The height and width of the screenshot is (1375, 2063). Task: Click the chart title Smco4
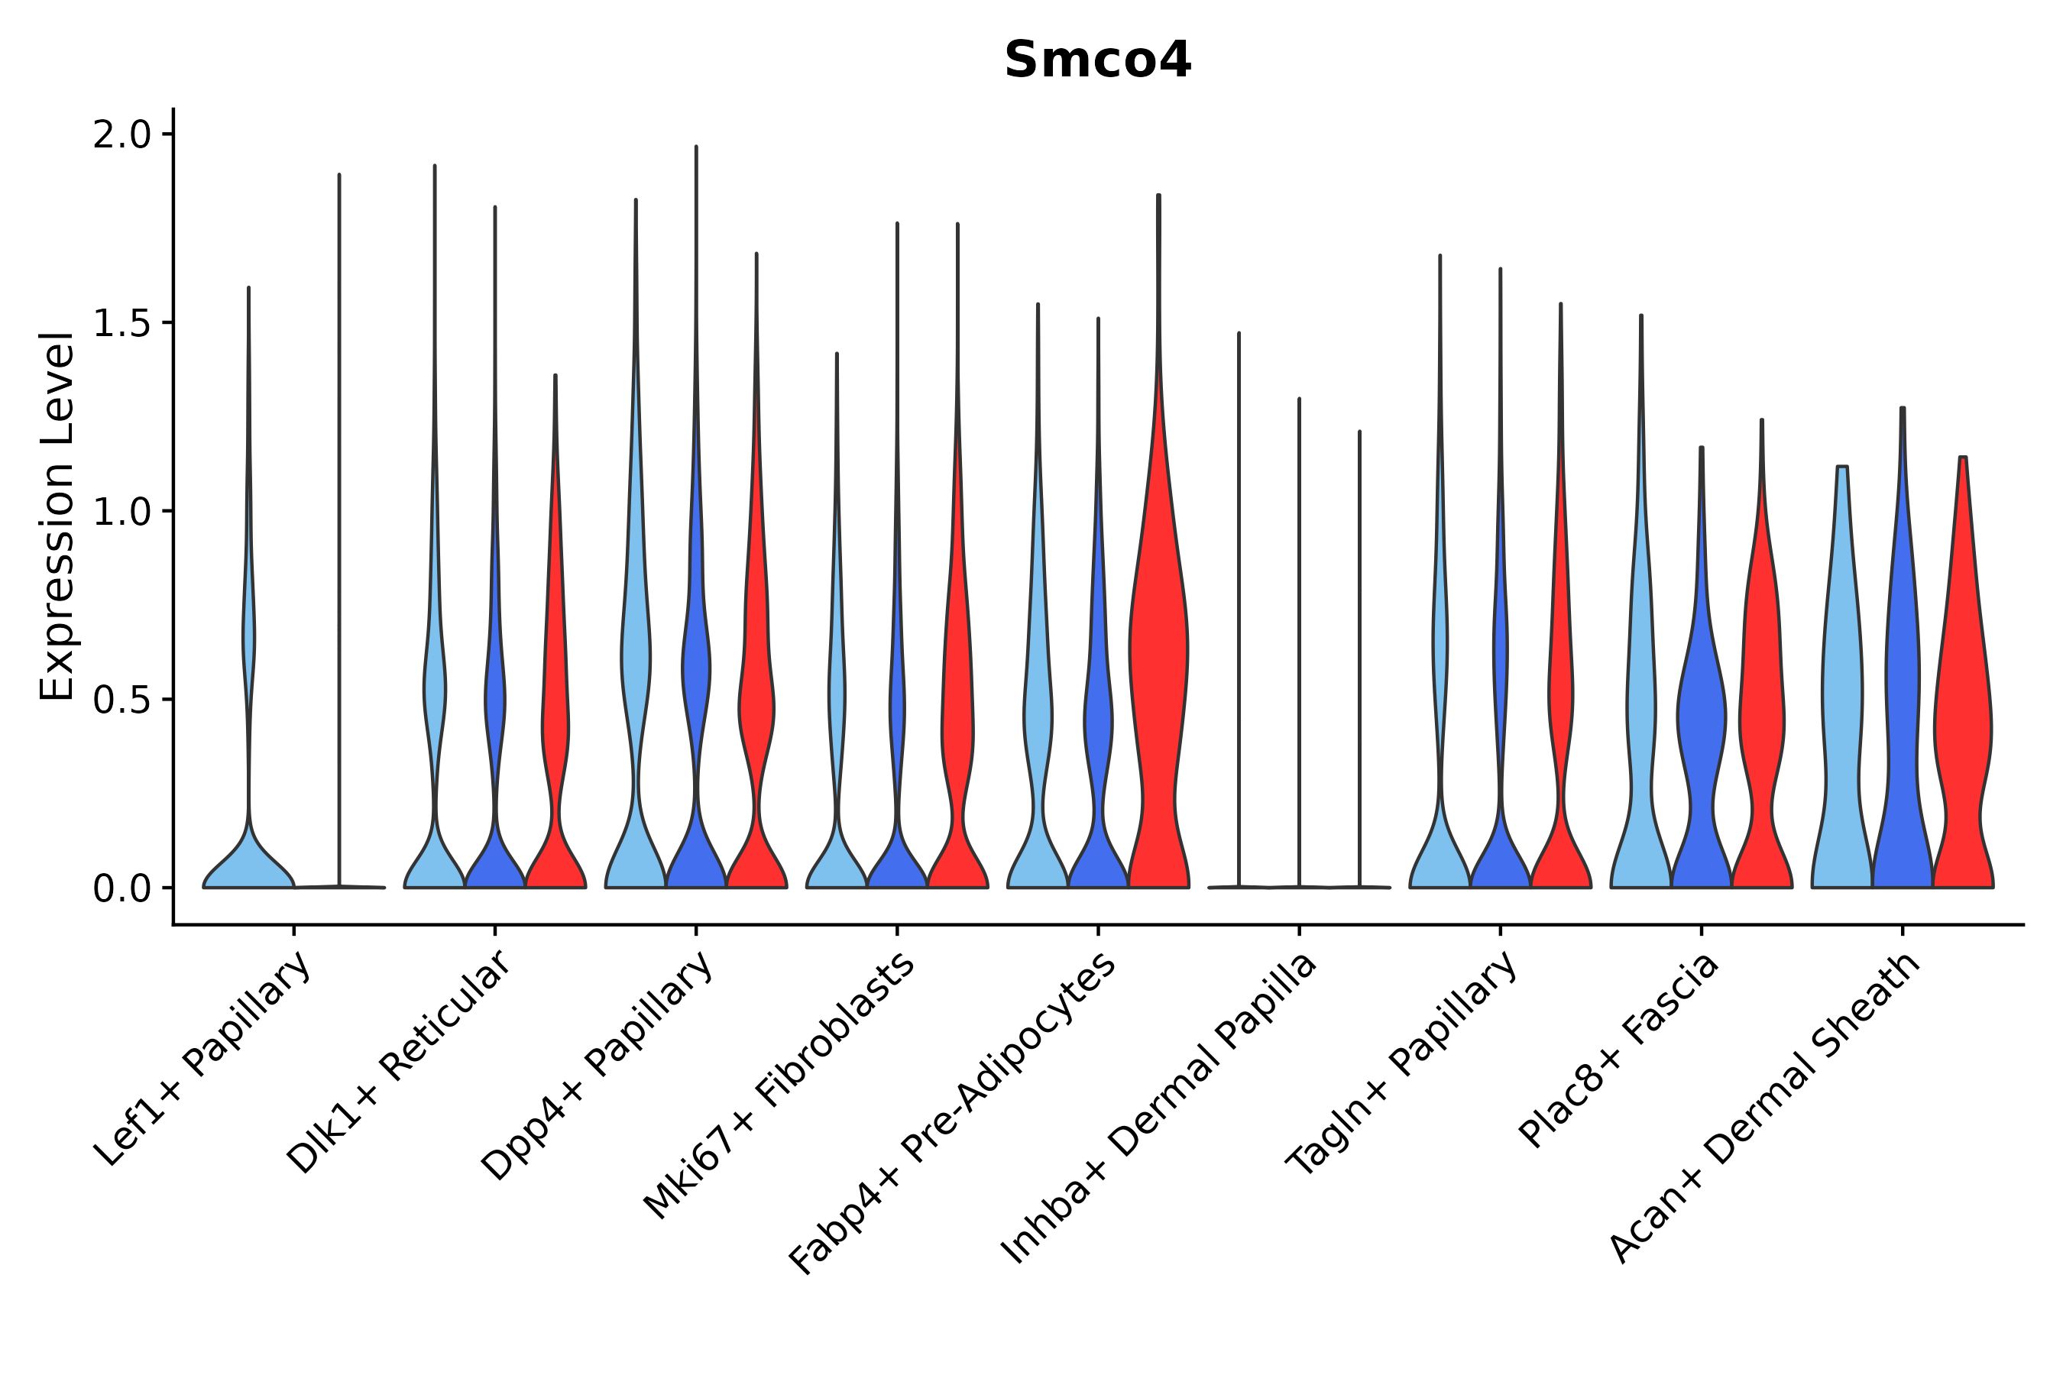1097,60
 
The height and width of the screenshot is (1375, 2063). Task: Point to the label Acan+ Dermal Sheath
1766,1108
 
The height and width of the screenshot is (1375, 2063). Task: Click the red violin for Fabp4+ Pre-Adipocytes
1158,666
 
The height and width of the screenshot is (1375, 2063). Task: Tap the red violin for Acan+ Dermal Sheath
1962,701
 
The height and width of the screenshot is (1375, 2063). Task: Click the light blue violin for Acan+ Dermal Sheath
1842,701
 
